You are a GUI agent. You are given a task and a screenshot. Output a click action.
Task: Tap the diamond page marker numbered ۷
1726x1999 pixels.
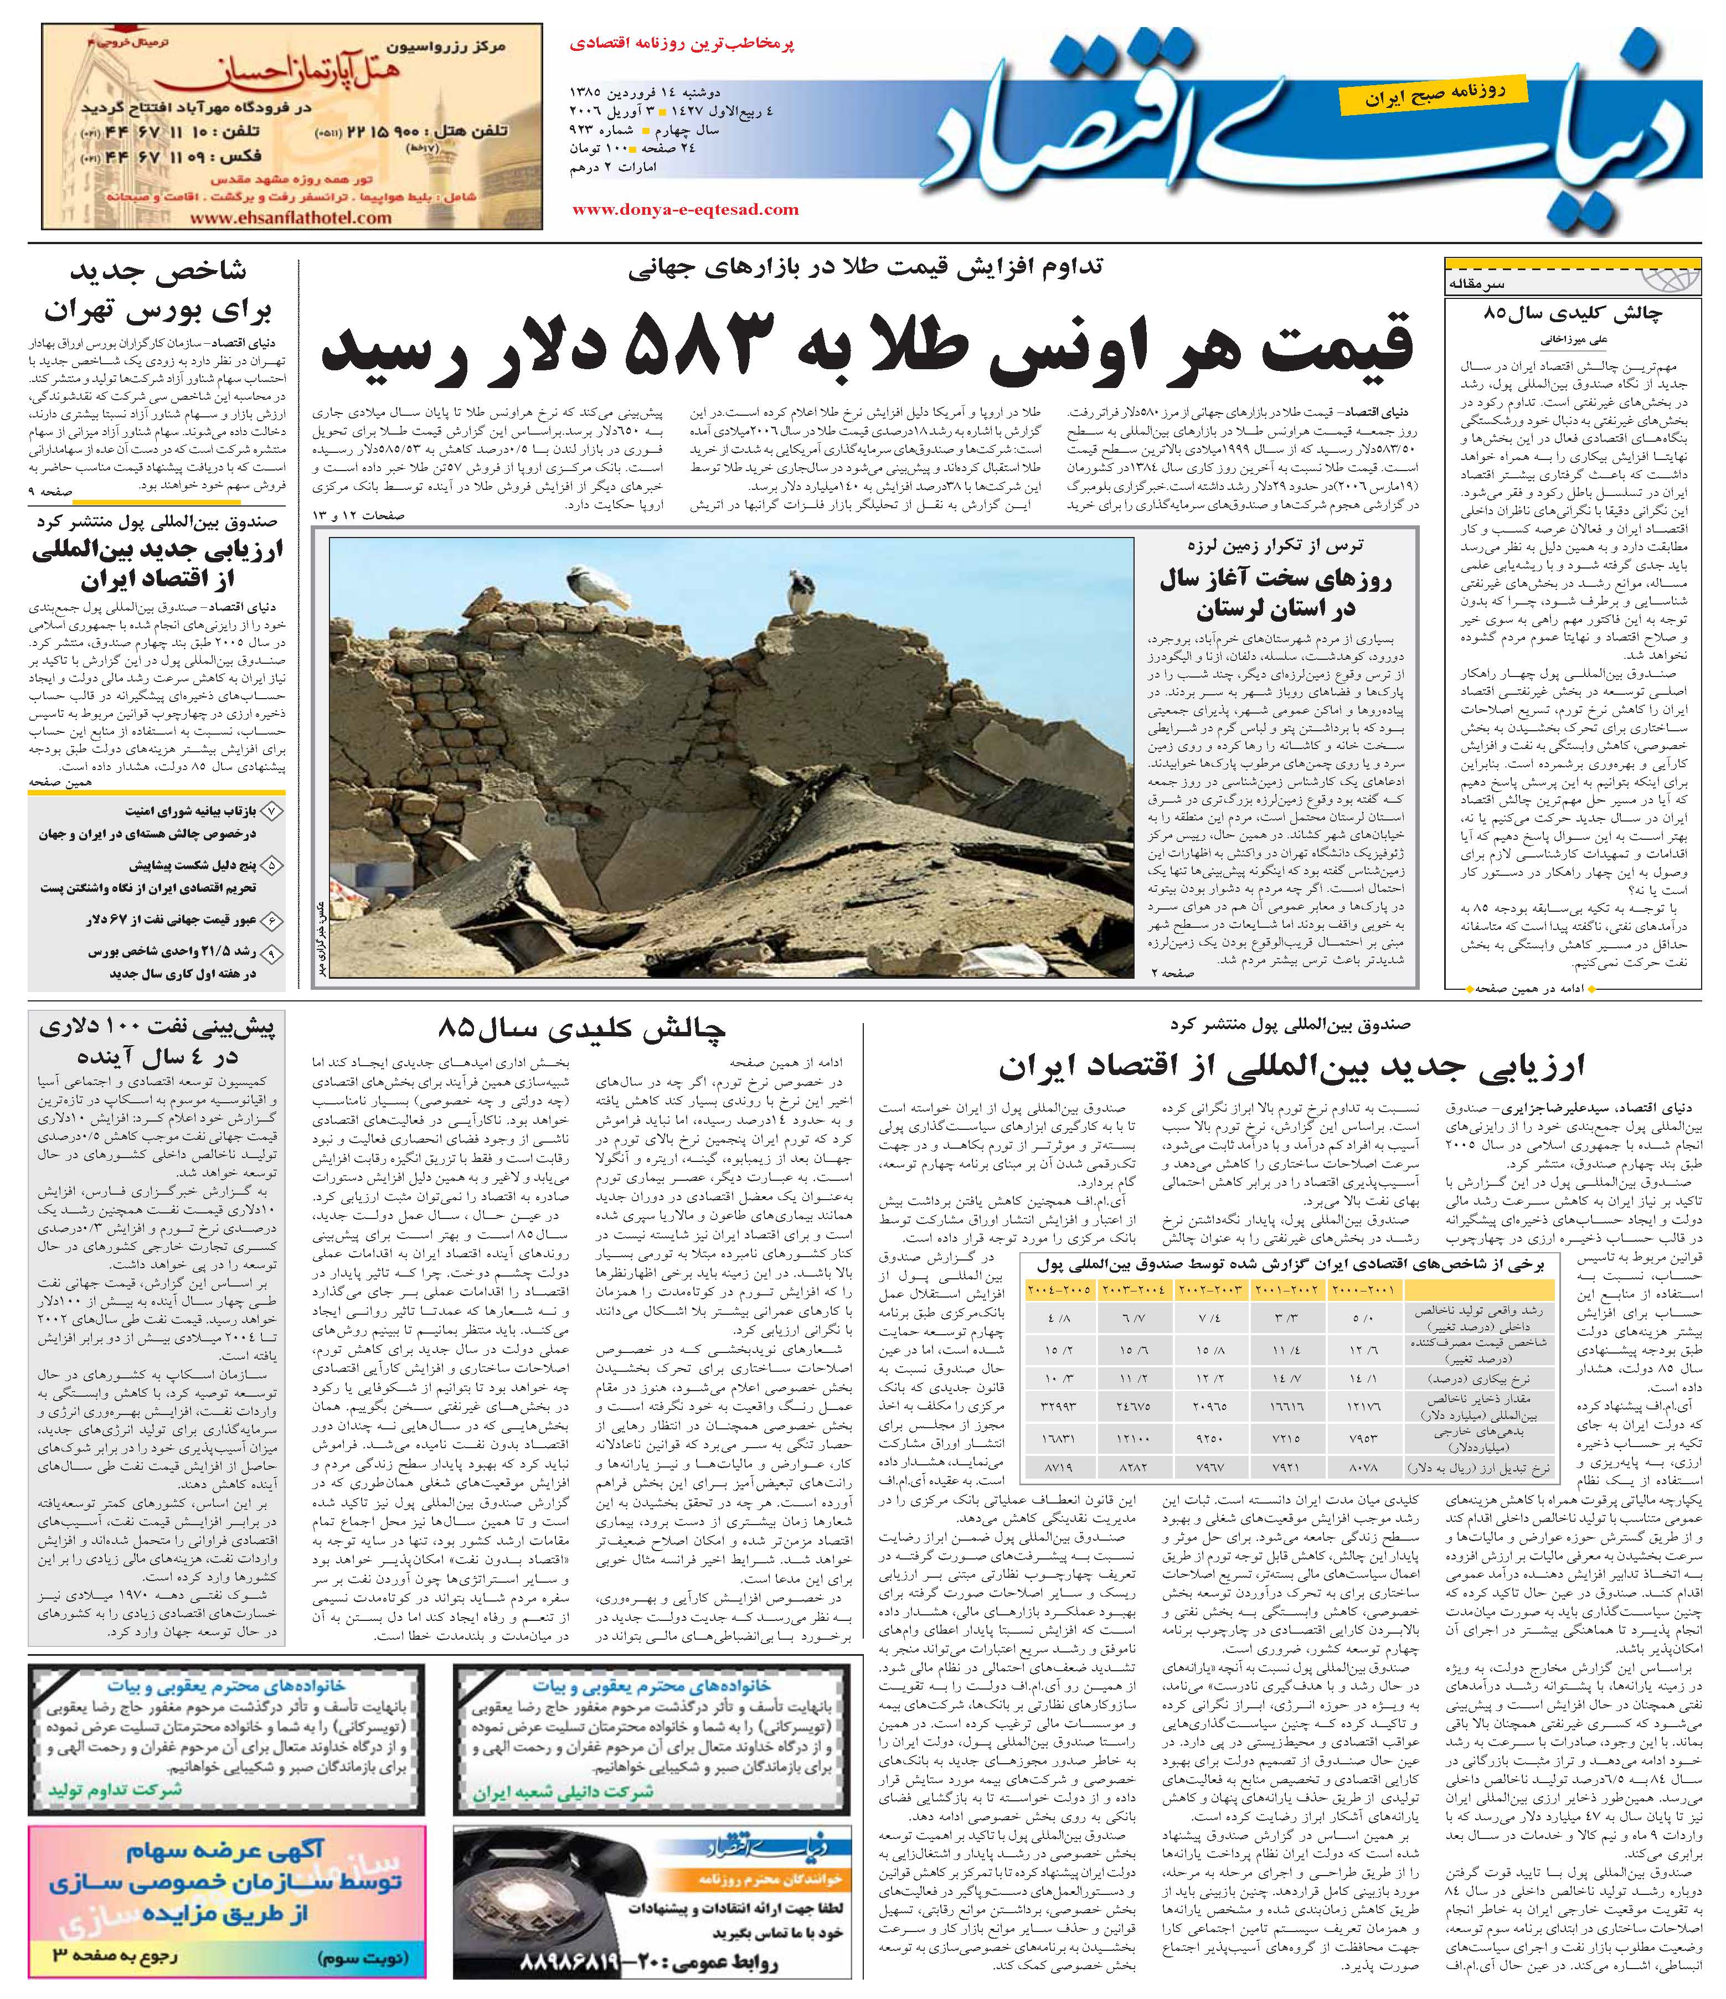click(x=273, y=812)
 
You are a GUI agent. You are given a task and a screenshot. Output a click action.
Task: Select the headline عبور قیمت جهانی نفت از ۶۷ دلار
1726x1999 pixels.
click(x=174, y=920)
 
